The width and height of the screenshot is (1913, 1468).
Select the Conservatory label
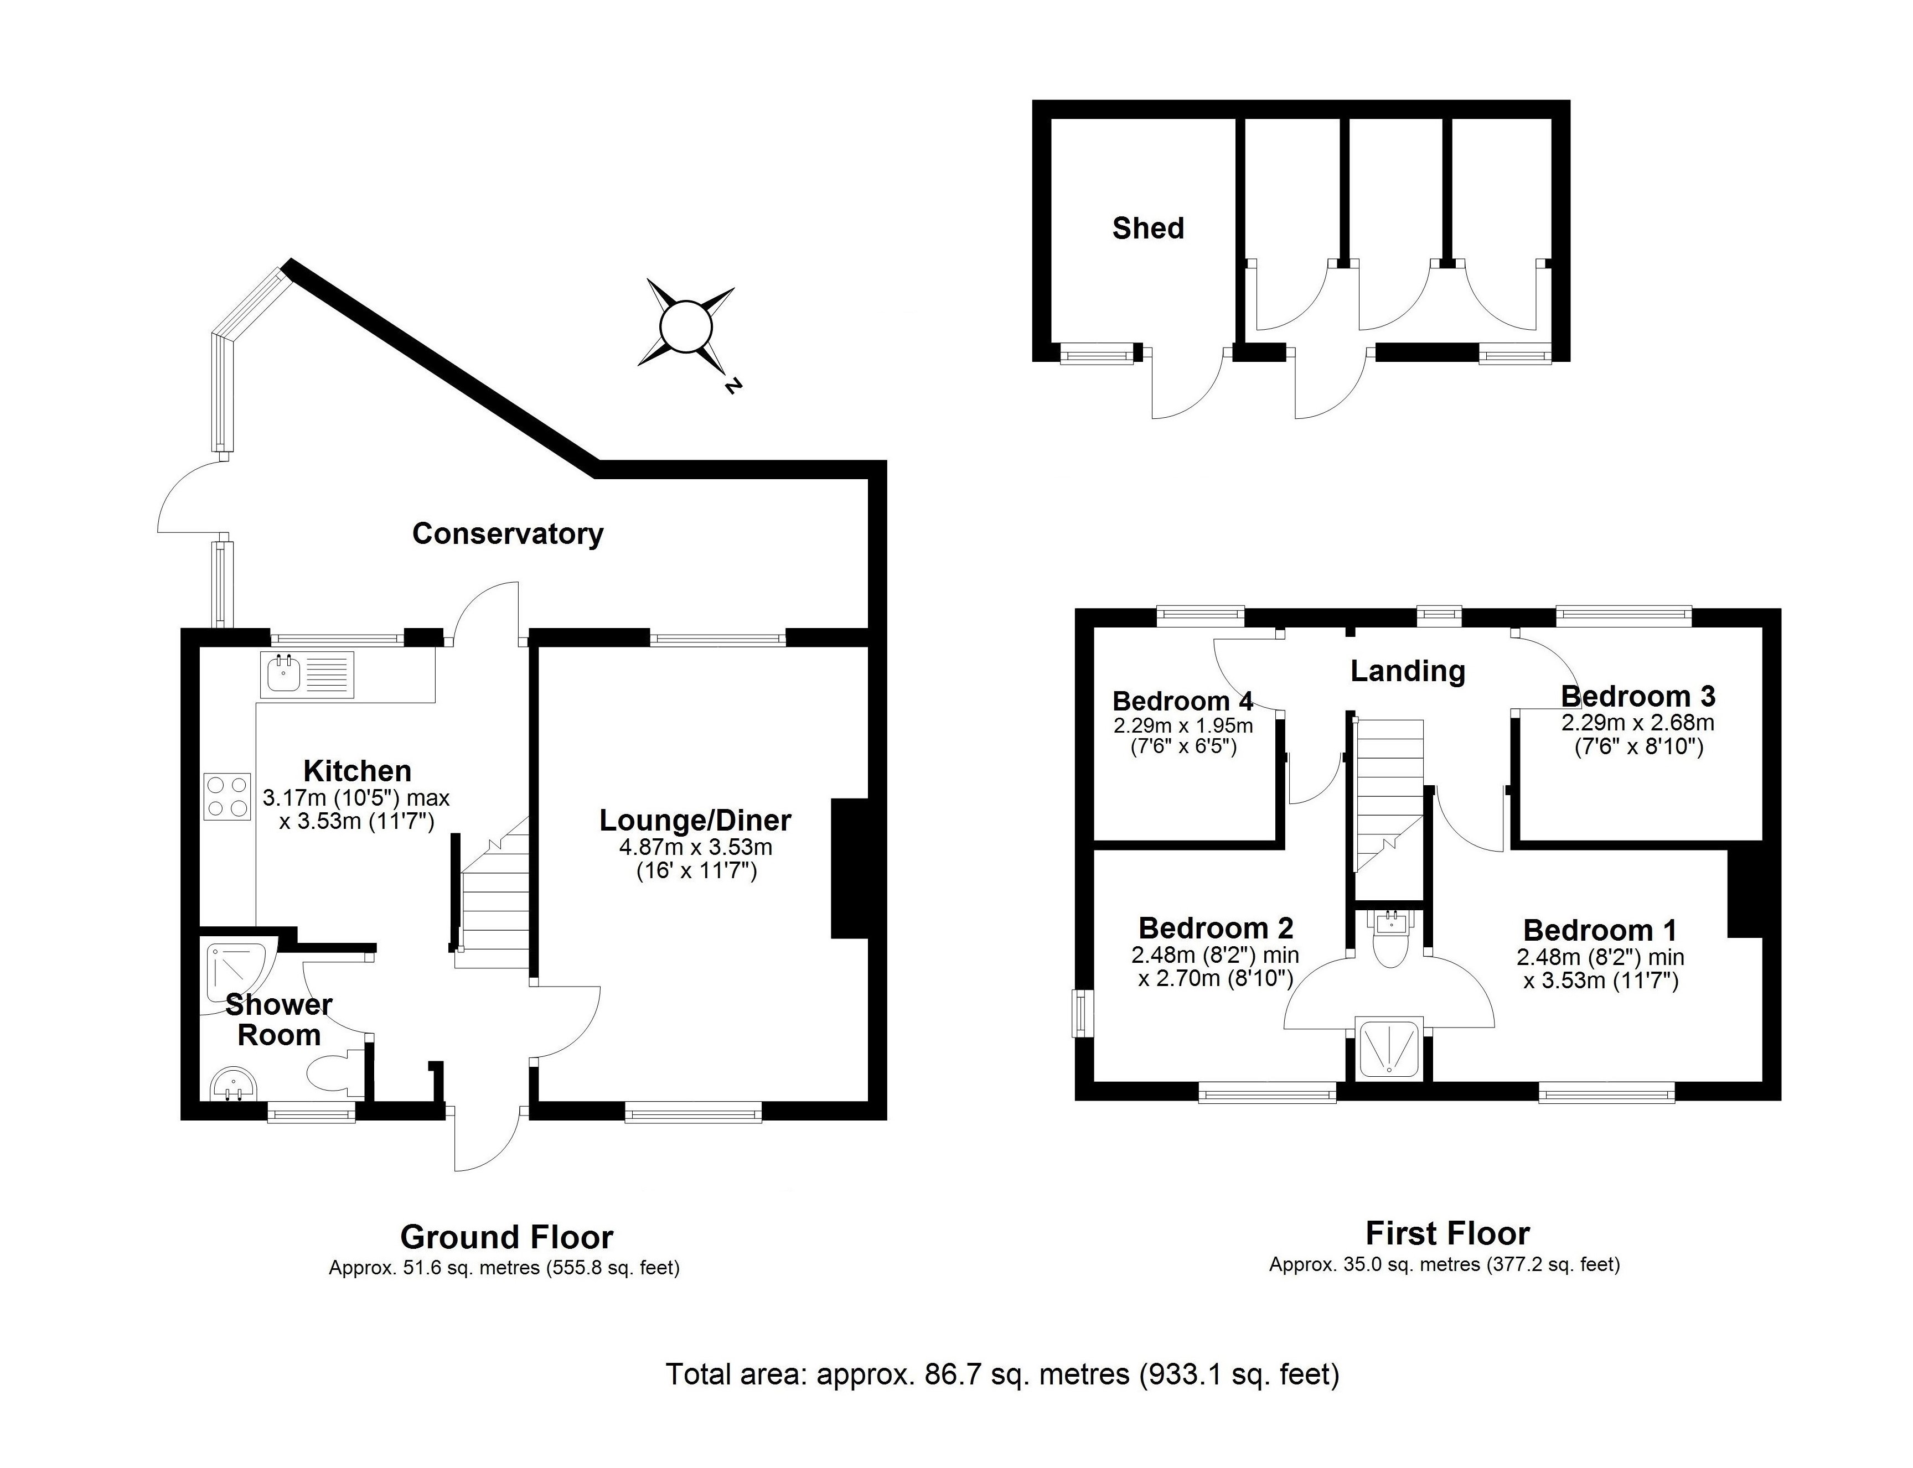[507, 534]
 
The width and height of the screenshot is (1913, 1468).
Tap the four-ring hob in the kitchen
[226, 796]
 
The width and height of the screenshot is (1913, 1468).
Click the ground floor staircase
[495, 904]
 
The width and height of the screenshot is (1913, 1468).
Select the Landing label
[1407, 671]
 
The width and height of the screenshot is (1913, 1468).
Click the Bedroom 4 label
[1182, 701]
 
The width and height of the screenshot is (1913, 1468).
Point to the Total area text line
[1002, 1374]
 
